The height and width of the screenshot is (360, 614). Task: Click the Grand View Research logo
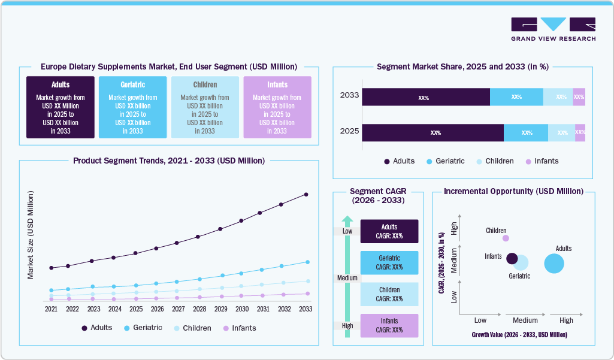point(553,29)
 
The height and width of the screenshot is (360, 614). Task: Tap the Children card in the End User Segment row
point(205,107)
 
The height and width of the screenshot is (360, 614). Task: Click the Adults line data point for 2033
point(306,194)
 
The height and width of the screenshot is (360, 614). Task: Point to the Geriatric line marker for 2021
point(52,290)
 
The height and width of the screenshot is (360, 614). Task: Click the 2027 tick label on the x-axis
point(178,309)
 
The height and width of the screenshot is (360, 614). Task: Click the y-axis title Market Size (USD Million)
point(31,235)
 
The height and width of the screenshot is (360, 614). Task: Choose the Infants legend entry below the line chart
point(239,328)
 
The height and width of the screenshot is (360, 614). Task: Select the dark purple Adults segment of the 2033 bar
point(425,97)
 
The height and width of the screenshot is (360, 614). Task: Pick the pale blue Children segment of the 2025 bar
point(562,133)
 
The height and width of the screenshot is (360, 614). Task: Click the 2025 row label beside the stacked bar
point(349,131)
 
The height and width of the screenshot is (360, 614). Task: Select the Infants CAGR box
point(389,325)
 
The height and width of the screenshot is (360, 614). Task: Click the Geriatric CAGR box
point(389,262)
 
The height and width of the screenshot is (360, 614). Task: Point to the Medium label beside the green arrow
point(347,278)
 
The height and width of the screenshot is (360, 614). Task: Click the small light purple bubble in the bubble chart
point(506,238)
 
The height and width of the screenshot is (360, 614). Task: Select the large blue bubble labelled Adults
point(554,264)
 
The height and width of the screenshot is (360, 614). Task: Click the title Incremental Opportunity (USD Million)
point(513,191)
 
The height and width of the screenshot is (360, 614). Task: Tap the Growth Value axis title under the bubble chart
point(519,335)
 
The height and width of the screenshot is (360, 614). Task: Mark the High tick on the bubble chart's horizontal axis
point(566,320)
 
